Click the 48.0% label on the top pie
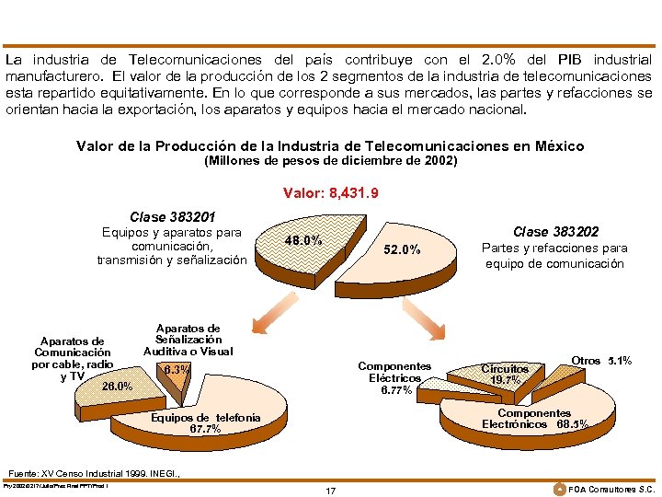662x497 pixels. click(302, 240)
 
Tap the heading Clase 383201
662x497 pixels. click(173, 217)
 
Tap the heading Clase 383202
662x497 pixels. click(555, 232)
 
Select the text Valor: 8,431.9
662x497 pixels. click(330, 193)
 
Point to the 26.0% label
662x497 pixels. click(117, 386)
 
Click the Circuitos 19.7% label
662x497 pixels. click(505, 375)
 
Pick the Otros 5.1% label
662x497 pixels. click(601, 361)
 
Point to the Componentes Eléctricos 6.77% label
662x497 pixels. click(394, 378)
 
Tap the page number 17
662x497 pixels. click(330, 491)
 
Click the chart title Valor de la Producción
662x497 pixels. click(330, 146)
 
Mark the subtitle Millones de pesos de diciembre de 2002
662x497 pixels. click(330, 161)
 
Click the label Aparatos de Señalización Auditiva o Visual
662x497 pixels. click(188, 340)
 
